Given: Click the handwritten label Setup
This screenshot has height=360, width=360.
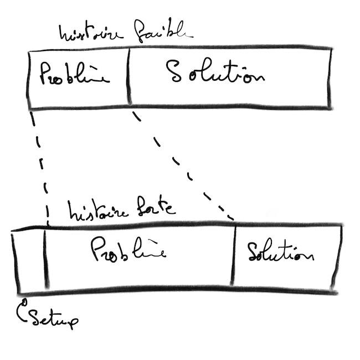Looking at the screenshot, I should tap(54, 319).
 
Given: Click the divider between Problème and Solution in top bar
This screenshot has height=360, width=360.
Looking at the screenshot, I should tap(128, 76).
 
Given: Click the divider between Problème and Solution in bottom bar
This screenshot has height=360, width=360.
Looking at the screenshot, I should tap(234, 255).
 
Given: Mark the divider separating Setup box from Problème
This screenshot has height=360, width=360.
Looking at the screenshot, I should tap(45, 258).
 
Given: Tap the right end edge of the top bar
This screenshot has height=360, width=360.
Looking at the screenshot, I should tap(330, 78).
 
